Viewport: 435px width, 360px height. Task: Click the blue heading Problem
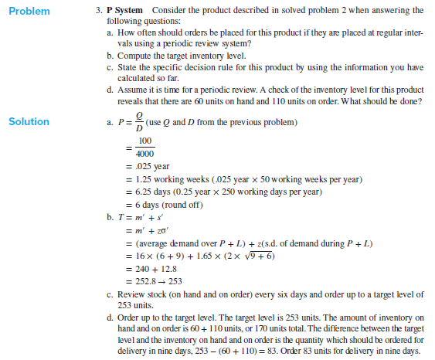(x=29, y=11)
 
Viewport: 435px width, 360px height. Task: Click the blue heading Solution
(x=29, y=121)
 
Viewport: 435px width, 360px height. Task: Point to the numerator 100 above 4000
(x=144, y=141)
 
